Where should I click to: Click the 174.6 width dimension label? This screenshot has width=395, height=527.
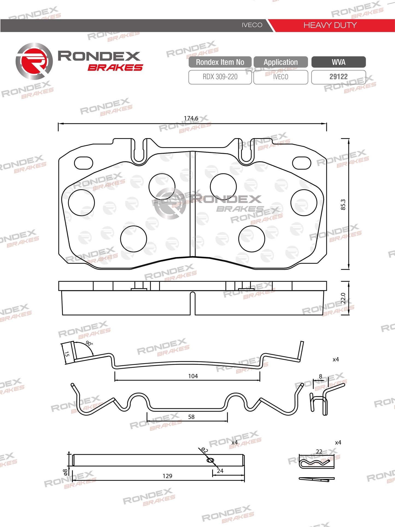[x=191, y=118]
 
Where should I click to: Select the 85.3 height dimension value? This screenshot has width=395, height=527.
[x=343, y=205]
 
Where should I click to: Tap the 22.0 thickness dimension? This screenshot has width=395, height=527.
[x=343, y=298]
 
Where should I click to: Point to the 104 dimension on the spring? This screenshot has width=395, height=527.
[x=193, y=376]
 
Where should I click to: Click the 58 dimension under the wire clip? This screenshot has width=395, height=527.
[x=191, y=417]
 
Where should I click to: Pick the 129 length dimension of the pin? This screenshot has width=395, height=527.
[x=167, y=476]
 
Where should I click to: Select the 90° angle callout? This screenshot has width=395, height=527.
[x=89, y=343]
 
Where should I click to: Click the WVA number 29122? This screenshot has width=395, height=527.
[x=338, y=77]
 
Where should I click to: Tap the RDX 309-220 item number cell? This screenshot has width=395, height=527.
[x=220, y=77]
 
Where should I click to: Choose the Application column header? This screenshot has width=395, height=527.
[x=281, y=62]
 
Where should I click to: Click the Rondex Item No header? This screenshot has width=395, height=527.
[x=220, y=62]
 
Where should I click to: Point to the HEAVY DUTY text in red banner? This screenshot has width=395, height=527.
[x=330, y=25]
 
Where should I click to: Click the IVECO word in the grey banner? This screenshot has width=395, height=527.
[x=252, y=25]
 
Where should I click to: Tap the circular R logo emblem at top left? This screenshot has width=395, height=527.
[x=34, y=61]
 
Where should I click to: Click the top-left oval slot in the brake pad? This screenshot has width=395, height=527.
[x=84, y=163]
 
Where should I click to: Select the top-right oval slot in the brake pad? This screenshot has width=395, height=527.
[x=302, y=163]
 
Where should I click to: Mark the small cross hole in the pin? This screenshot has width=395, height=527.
[x=210, y=460]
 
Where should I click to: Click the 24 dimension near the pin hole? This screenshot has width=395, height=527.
[x=220, y=471]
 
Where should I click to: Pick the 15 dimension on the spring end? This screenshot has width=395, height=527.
[x=67, y=354]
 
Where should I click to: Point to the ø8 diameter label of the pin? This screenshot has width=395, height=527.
[x=65, y=472]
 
